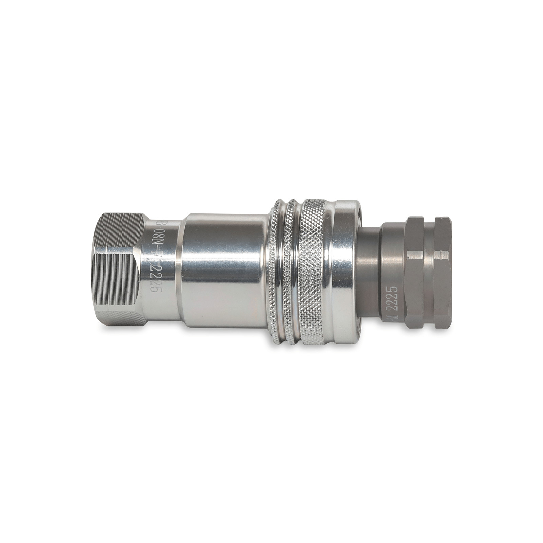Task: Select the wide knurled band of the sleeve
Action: click(x=314, y=271)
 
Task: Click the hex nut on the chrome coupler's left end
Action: click(x=117, y=270)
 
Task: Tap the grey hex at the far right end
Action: click(x=443, y=271)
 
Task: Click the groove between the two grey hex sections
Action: click(x=429, y=271)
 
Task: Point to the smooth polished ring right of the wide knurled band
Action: click(x=346, y=271)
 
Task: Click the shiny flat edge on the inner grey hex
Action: click(x=415, y=254)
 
